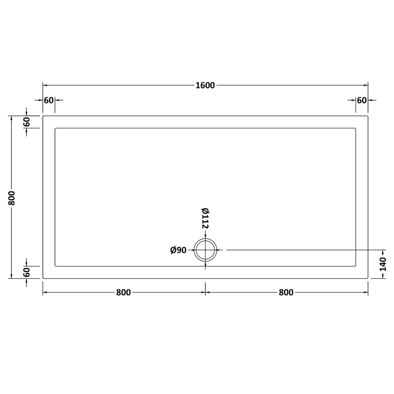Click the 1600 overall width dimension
pos(205,85)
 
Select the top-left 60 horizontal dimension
pos(49,100)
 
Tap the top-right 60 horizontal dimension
pos(362,100)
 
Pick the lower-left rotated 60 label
pos(27,272)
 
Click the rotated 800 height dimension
pos(11,198)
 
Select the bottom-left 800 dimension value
pos(123,292)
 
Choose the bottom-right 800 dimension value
pos(286,292)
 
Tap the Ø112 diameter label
pos(205,218)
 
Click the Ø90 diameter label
pos(178,250)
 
